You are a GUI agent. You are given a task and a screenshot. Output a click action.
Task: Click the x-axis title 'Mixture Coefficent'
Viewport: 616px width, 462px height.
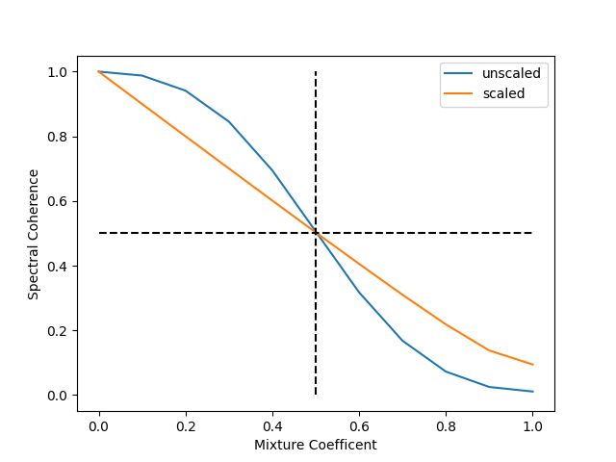click(316, 446)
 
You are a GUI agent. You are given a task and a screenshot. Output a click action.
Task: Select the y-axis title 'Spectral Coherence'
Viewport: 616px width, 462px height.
click(34, 234)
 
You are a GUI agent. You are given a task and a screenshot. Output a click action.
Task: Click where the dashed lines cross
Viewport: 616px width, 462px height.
click(316, 233)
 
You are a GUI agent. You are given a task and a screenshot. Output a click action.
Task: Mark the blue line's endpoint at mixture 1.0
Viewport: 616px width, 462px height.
click(532, 392)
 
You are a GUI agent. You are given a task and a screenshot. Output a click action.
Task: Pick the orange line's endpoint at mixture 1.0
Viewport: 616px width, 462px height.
click(532, 365)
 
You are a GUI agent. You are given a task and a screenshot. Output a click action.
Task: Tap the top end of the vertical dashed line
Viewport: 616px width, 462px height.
click(316, 72)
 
